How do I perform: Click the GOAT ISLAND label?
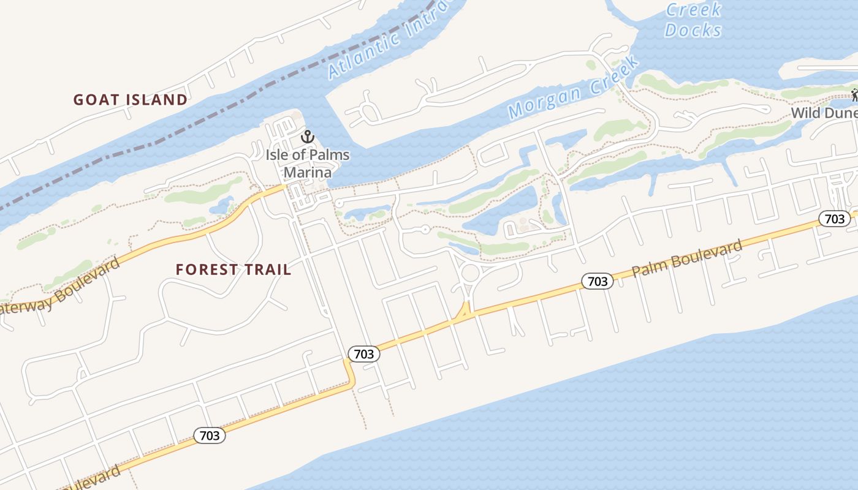(131, 100)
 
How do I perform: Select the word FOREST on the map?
(206, 269)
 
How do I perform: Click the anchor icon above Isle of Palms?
(307, 137)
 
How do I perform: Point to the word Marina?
(307, 172)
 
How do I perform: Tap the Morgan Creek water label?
(573, 89)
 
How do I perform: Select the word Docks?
(693, 30)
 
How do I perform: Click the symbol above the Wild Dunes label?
(856, 95)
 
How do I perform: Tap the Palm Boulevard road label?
(687, 258)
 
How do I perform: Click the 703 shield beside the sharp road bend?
(364, 354)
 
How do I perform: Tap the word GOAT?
(97, 100)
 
